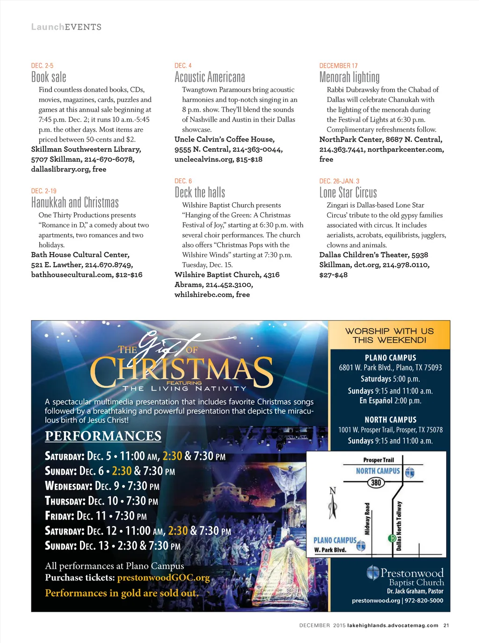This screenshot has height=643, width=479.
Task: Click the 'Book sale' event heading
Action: point(49,77)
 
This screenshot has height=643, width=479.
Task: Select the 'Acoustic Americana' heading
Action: point(210,77)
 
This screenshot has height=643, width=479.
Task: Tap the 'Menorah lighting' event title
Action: point(349,77)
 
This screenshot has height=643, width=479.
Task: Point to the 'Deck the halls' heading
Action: point(200,193)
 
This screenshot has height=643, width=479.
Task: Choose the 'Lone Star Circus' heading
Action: point(348,193)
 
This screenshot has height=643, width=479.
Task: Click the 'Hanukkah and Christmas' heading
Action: point(75,202)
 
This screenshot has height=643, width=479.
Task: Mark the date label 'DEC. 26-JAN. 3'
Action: point(339,181)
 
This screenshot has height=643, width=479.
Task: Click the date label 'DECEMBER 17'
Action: point(338,66)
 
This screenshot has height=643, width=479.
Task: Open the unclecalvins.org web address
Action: point(204,159)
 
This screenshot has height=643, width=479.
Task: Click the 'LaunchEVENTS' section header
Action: point(66,27)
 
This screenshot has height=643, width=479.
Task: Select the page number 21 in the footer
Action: point(446,625)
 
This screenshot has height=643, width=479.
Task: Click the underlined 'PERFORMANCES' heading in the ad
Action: point(103,436)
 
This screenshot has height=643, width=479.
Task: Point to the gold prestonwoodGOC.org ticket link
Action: point(163,578)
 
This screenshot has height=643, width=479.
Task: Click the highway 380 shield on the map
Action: point(376,482)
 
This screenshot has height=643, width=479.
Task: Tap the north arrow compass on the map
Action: point(333,503)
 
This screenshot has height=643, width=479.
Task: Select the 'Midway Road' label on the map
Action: point(367,519)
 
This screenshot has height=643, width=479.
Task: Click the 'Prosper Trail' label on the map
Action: point(378,460)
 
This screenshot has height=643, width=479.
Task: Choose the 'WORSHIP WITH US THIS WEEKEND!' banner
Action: point(389,335)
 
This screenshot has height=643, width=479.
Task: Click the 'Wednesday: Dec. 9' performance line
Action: point(102,486)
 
